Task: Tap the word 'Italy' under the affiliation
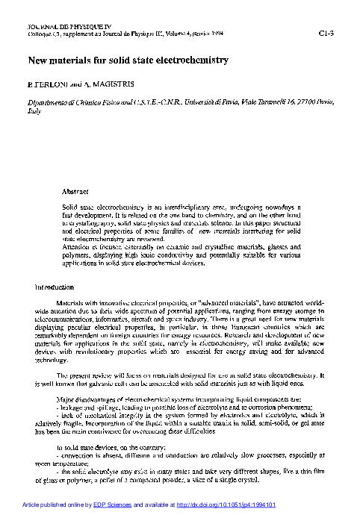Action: pos(34,109)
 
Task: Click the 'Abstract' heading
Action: pos(75,192)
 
